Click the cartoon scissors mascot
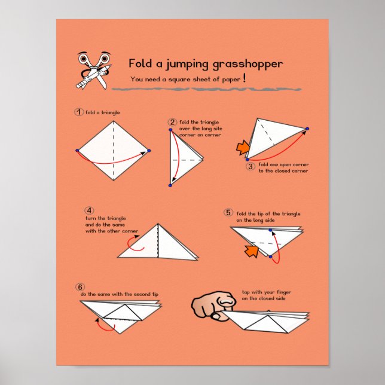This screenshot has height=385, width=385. pyautogui.click(x=93, y=70)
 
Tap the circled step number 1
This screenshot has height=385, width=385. pyautogui.click(x=78, y=112)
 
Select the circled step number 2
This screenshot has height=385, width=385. pyautogui.click(x=173, y=122)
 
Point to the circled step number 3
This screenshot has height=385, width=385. pyautogui.click(x=251, y=166)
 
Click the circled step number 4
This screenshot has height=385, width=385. pyautogui.click(x=89, y=210)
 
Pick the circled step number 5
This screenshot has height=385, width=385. pyautogui.click(x=228, y=212)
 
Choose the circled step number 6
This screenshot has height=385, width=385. pyautogui.click(x=81, y=286)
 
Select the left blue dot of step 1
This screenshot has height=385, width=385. pyautogui.click(x=77, y=150)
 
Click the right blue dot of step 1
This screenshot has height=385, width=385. pyautogui.click(x=149, y=151)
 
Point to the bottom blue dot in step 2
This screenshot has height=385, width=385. pyautogui.click(x=170, y=186)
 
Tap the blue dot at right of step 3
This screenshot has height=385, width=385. pyautogui.click(x=307, y=129)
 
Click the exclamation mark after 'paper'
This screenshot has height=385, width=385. pyautogui.click(x=261, y=78)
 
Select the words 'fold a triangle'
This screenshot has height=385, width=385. pyautogui.click(x=103, y=112)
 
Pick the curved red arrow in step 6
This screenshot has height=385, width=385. pyautogui.click(x=108, y=326)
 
